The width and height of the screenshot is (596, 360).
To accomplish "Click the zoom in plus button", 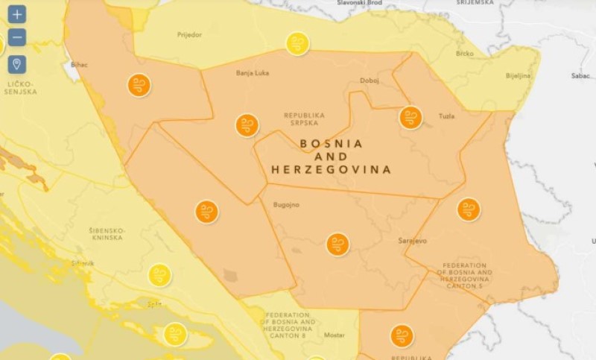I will (x=17, y=14).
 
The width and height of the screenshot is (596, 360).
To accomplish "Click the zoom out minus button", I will (x=17, y=37).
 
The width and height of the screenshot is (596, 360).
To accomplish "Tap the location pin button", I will (x=17, y=63).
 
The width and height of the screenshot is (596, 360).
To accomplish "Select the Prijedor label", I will (x=189, y=34).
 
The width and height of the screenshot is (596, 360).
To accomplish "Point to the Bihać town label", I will (x=79, y=65).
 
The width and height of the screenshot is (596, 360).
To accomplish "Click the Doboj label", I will (x=370, y=80).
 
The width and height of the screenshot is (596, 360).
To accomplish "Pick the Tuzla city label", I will (x=446, y=116).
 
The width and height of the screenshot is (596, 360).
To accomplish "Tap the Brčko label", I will (x=465, y=54).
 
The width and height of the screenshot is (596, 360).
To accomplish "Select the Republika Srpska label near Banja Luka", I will (x=304, y=119).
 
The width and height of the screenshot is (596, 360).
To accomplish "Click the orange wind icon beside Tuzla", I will (x=410, y=118).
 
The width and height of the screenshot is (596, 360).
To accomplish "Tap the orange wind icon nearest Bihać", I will (x=139, y=85).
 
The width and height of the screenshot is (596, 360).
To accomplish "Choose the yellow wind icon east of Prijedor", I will (x=297, y=43).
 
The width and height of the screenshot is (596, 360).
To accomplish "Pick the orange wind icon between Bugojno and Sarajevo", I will (x=337, y=244).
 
